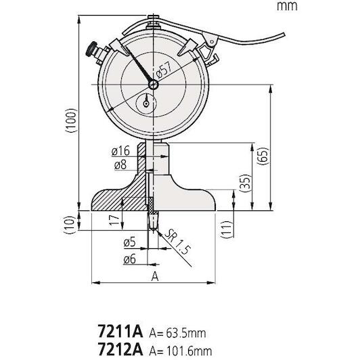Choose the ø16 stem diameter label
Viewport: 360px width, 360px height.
tap(120, 150)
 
